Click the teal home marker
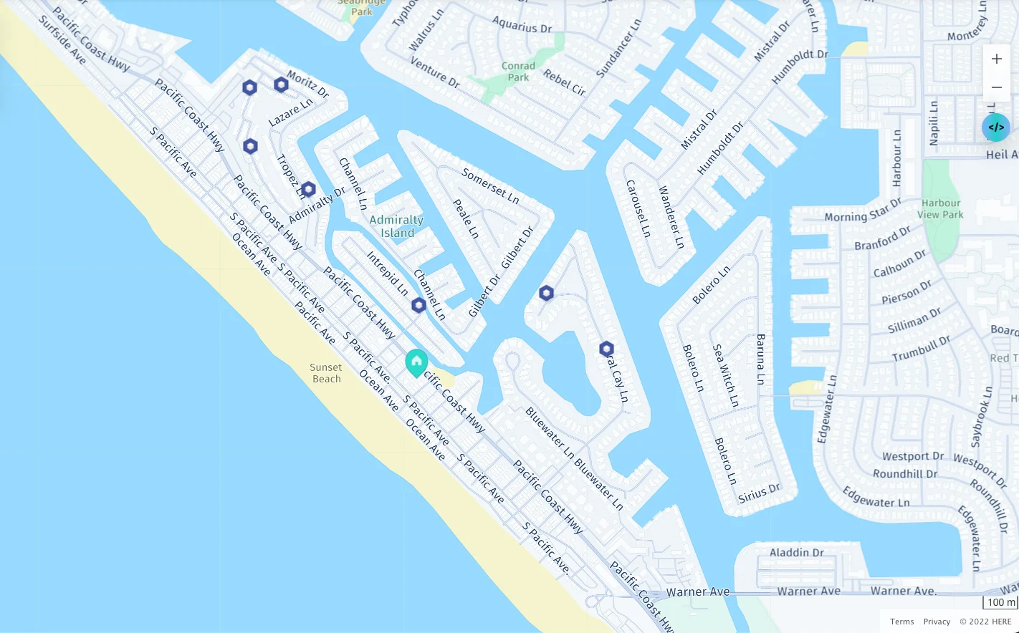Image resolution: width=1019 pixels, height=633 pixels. [x=416, y=362]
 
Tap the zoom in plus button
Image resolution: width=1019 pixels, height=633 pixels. [x=996, y=59]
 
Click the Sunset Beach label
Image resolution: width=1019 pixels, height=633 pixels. [x=326, y=373]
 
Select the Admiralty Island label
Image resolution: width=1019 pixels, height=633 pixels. [x=396, y=226]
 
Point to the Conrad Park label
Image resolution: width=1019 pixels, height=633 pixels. [x=518, y=71]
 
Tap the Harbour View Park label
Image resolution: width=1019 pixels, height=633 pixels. [x=940, y=208]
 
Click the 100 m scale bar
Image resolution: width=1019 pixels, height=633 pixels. [x=1000, y=602]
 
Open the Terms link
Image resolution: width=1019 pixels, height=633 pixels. [x=901, y=622]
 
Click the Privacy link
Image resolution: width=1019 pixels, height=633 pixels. [x=937, y=622]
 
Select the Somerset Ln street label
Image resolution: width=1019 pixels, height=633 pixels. [x=490, y=185]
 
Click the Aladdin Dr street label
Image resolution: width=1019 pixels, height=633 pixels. [x=797, y=553]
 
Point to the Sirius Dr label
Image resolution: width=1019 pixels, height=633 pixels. [x=759, y=493]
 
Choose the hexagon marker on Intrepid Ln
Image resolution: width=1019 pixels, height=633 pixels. [x=418, y=305]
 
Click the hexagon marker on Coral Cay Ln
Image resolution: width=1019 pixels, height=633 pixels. [x=606, y=349]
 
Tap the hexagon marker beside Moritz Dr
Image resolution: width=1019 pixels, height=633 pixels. [x=281, y=84]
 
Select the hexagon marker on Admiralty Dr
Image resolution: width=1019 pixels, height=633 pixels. [x=308, y=190]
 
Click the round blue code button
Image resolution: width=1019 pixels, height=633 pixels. [x=995, y=127]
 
